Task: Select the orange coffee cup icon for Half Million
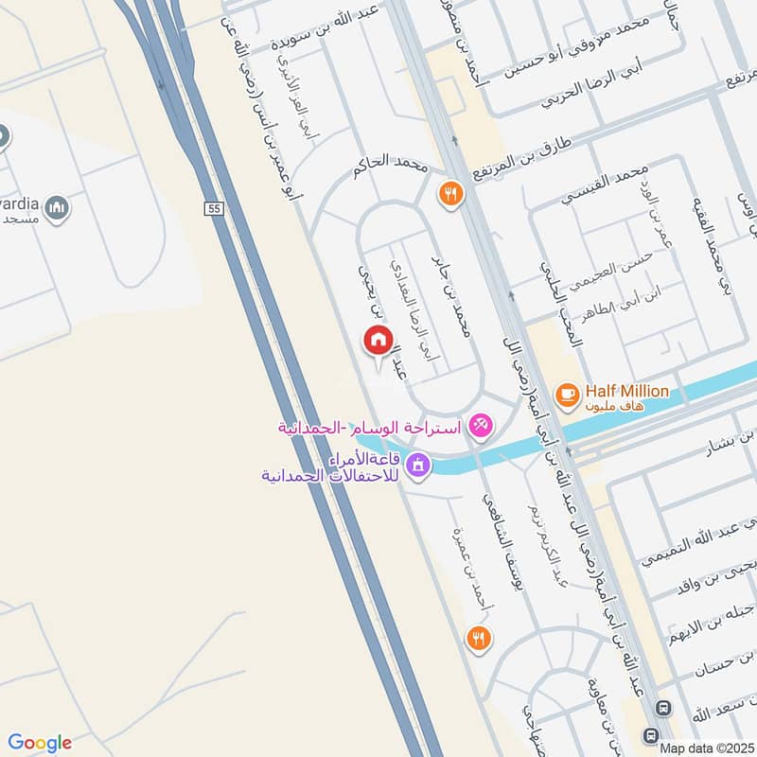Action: [x=567, y=395]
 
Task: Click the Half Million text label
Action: [x=626, y=391]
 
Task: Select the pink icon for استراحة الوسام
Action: [x=481, y=427]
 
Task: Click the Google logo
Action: [x=39, y=743]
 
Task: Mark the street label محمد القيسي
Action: [x=598, y=189]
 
